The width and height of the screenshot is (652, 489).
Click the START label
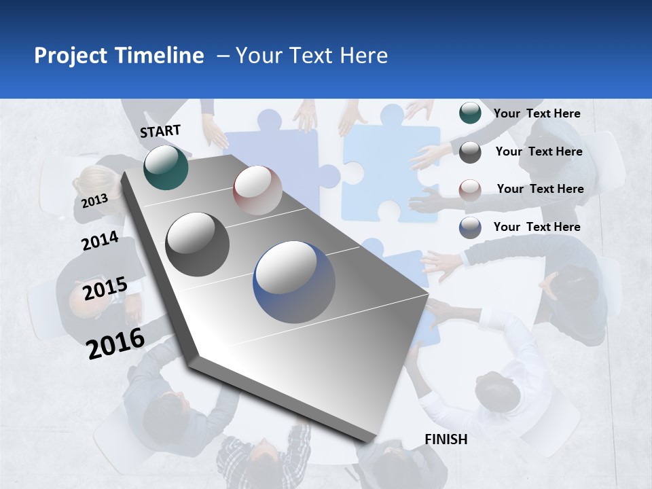click(160, 131)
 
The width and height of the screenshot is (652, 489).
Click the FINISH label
click(446, 439)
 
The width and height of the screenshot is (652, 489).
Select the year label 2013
click(94, 200)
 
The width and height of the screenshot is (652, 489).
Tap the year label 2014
click(100, 240)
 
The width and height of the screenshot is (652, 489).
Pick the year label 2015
click(105, 288)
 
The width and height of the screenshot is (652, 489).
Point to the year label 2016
click(115, 343)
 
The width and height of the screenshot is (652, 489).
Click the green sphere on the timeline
click(166, 167)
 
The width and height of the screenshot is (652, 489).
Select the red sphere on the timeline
click(257, 189)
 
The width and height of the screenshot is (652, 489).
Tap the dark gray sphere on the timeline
click(198, 244)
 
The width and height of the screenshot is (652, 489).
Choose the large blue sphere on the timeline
click(294, 282)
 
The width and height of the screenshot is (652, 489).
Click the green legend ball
click(470, 113)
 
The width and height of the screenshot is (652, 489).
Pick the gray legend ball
click(470, 151)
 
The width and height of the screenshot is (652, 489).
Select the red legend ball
click(470, 189)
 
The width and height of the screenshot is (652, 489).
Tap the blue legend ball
click(470, 228)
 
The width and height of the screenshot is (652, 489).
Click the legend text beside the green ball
click(537, 113)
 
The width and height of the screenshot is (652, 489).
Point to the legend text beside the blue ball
click(537, 227)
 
